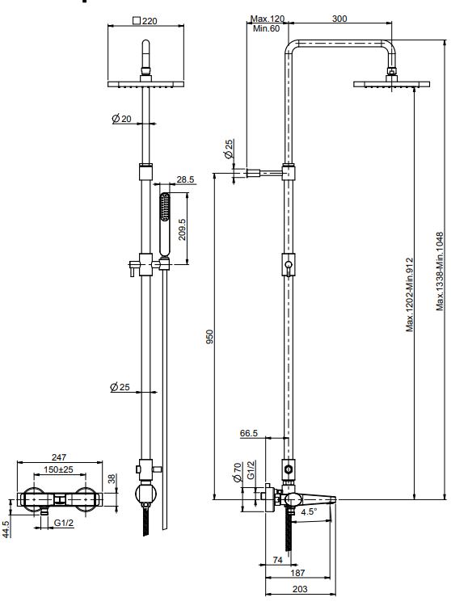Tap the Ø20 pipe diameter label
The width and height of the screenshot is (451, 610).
point(122,118)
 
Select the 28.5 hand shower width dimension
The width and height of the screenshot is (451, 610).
point(185,179)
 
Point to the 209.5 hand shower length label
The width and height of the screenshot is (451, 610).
point(183,229)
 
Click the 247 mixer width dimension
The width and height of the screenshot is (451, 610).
point(59,457)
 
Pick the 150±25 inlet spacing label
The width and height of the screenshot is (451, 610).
point(58,469)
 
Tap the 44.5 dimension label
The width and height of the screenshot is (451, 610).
point(6,528)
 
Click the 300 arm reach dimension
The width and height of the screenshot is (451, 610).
point(339,19)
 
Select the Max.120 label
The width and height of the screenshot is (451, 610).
point(268,19)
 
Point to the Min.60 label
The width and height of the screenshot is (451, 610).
point(266,28)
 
